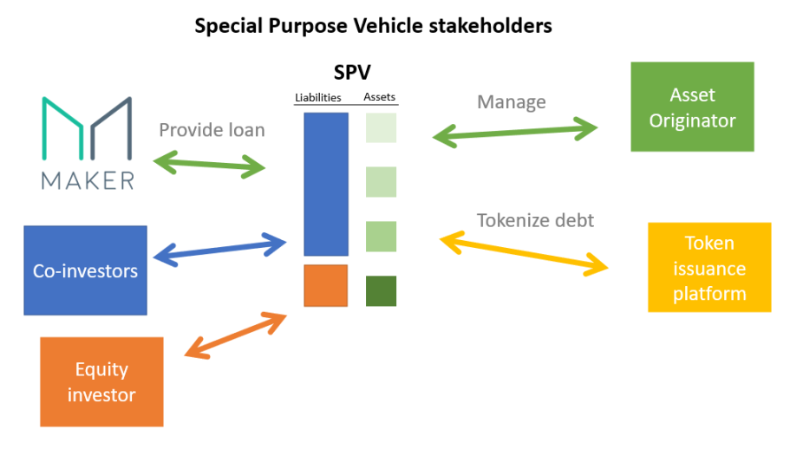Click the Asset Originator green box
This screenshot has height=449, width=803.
pyautogui.click(x=691, y=107)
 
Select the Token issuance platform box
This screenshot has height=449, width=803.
pyautogui.click(x=708, y=267)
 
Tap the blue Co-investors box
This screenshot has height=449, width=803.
pyautogui.click(x=85, y=270)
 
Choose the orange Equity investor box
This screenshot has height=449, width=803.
pyautogui.click(x=101, y=381)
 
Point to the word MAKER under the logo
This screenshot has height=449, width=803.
pyautogui.click(x=88, y=180)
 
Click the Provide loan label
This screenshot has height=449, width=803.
pyautogui.click(x=212, y=130)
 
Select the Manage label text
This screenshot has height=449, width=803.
pyautogui.click(x=511, y=101)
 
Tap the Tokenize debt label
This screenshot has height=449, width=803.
pyautogui.click(x=535, y=220)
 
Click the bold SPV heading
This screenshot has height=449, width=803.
pyautogui.click(x=352, y=73)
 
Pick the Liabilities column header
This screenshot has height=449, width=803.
pyautogui.click(x=317, y=97)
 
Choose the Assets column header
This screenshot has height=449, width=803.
pyautogui.click(x=380, y=97)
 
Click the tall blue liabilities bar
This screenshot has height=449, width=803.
pyautogui.click(x=325, y=184)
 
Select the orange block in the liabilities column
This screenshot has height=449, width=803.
pyautogui.click(x=325, y=286)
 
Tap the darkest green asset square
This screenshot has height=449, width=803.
pyautogui.click(x=381, y=291)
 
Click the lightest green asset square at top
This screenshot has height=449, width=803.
pyautogui.click(x=381, y=127)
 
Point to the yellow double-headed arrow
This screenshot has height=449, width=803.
pyautogui.click(x=525, y=252)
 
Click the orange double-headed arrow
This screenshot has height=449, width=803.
pyautogui.click(x=237, y=335)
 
